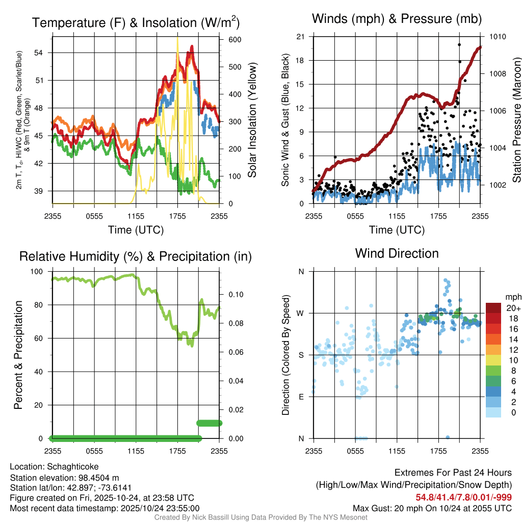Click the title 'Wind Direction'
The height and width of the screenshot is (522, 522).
[x=397, y=253]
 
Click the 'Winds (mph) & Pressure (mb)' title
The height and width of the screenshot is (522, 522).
[x=397, y=19]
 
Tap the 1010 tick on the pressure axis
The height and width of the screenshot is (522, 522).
[x=497, y=37]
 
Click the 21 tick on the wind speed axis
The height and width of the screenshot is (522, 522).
[x=300, y=37]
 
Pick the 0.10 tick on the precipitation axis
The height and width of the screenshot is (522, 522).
[x=235, y=295]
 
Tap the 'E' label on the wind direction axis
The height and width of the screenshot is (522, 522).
[x=301, y=397]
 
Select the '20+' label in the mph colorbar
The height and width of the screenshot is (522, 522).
[x=512, y=308]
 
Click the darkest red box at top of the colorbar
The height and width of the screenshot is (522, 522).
[x=493, y=308]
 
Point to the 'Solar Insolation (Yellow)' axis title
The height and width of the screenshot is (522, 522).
[x=252, y=120]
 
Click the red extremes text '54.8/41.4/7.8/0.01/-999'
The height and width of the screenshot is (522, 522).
[x=464, y=498]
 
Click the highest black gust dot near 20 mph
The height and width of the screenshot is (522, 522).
[x=459, y=45]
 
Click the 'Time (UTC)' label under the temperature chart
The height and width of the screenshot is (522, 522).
[x=136, y=230]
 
